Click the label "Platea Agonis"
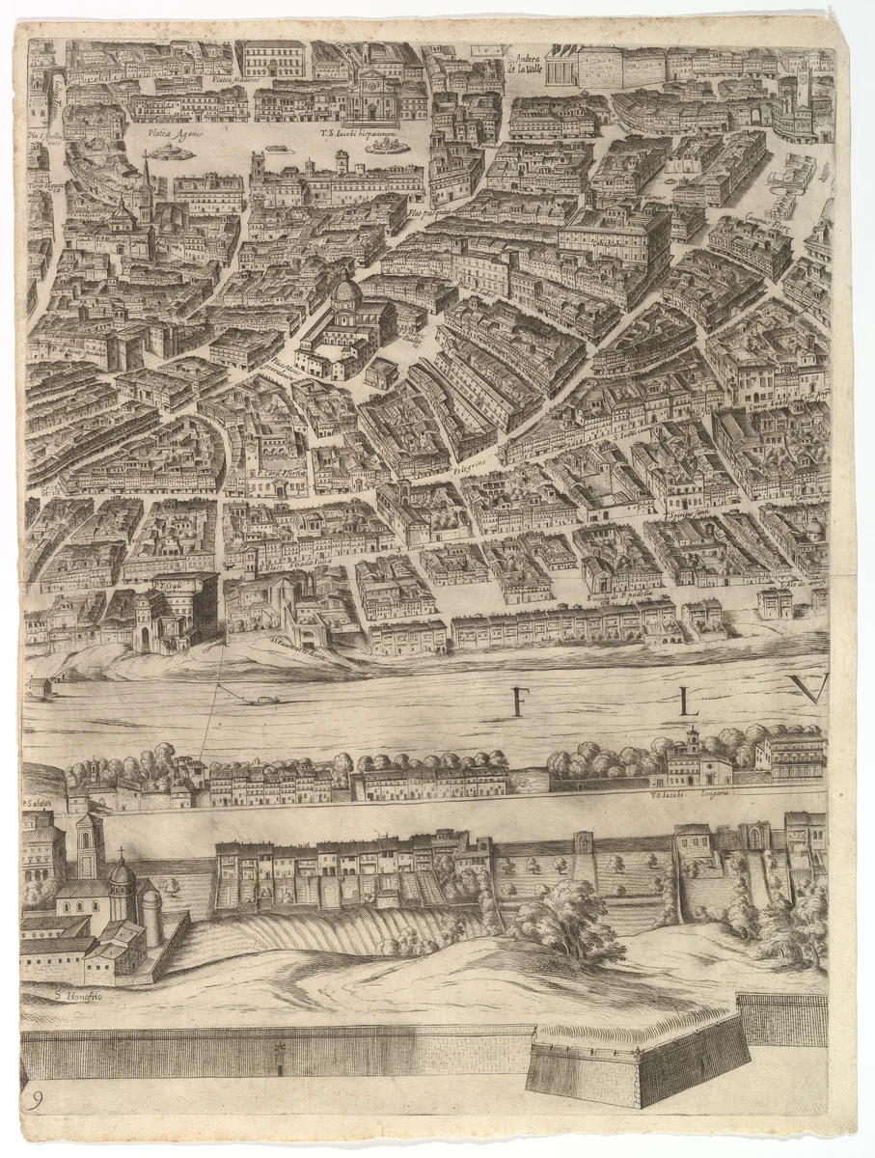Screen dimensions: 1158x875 [174, 136]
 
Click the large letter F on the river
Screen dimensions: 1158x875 [520, 701]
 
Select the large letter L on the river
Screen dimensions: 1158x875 [688, 702]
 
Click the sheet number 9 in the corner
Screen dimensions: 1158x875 [36, 1101]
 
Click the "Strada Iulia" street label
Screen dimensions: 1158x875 [312, 567]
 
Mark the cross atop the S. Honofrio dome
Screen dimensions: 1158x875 [122, 854]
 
